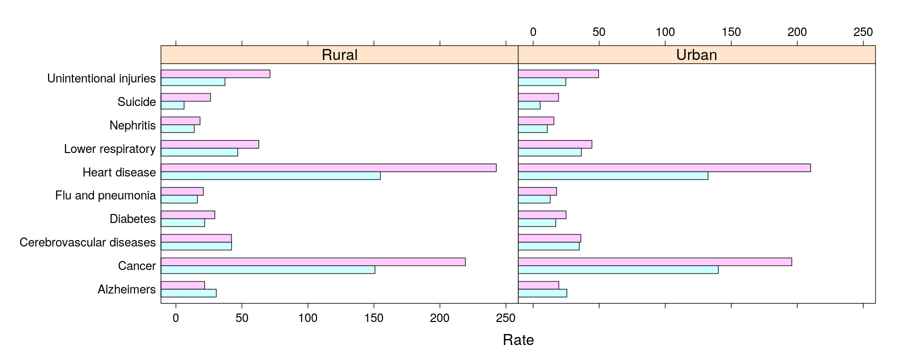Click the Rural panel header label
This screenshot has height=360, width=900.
339,54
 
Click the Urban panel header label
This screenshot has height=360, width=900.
696,54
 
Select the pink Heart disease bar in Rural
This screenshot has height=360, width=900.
328,168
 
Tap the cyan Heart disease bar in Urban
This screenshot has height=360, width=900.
613,176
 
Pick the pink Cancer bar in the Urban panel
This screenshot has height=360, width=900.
655,262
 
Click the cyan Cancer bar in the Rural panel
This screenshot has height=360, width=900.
268,270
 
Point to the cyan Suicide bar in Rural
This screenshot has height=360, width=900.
172,105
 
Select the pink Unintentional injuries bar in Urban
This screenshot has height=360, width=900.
558,74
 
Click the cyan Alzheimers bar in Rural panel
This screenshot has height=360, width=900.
188,293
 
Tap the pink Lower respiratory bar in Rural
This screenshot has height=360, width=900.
210,144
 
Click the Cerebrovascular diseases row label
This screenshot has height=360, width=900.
87,242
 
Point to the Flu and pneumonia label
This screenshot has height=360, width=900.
105,195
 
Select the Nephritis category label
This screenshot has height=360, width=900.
132,125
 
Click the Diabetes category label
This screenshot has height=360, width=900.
132,219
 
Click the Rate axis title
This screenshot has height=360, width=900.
518,340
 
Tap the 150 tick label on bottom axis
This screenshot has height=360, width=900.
373,318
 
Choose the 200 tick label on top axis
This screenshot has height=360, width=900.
797,32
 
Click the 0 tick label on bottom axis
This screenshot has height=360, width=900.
175,318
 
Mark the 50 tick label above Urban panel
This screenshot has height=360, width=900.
599,32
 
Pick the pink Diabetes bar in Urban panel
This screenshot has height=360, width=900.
542,215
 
